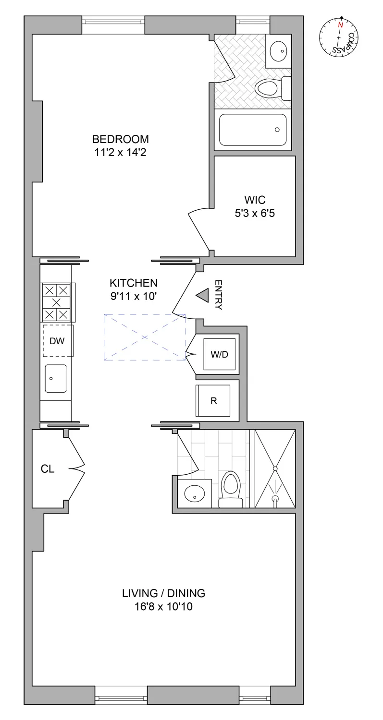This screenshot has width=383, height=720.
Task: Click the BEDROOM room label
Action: click(x=121, y=139)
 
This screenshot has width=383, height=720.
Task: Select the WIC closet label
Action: click(x=255, y=200)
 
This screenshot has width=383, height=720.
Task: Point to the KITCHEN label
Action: click(x=134, y=283)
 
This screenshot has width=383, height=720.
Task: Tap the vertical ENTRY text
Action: click(x=218, y=295)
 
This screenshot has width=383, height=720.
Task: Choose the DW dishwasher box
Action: click(x=57, y=340)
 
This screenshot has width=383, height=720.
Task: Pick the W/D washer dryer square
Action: click(x=220, y=354)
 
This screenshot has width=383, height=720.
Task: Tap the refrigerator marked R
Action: click(x=213, y=400)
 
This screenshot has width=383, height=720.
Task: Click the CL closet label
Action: click(x=48, y=469)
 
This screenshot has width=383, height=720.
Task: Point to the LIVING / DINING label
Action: click(x=164, y=593)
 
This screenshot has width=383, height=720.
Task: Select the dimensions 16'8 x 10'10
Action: click(x=164, y=607)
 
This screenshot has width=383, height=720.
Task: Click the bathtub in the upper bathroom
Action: click(x=253, y=130)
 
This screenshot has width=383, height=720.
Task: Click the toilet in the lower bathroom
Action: click(x=231, y=487)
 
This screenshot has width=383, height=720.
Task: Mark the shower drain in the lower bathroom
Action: click(x=275, y=499)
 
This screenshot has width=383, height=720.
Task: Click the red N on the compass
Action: click(x=341, y=24)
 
